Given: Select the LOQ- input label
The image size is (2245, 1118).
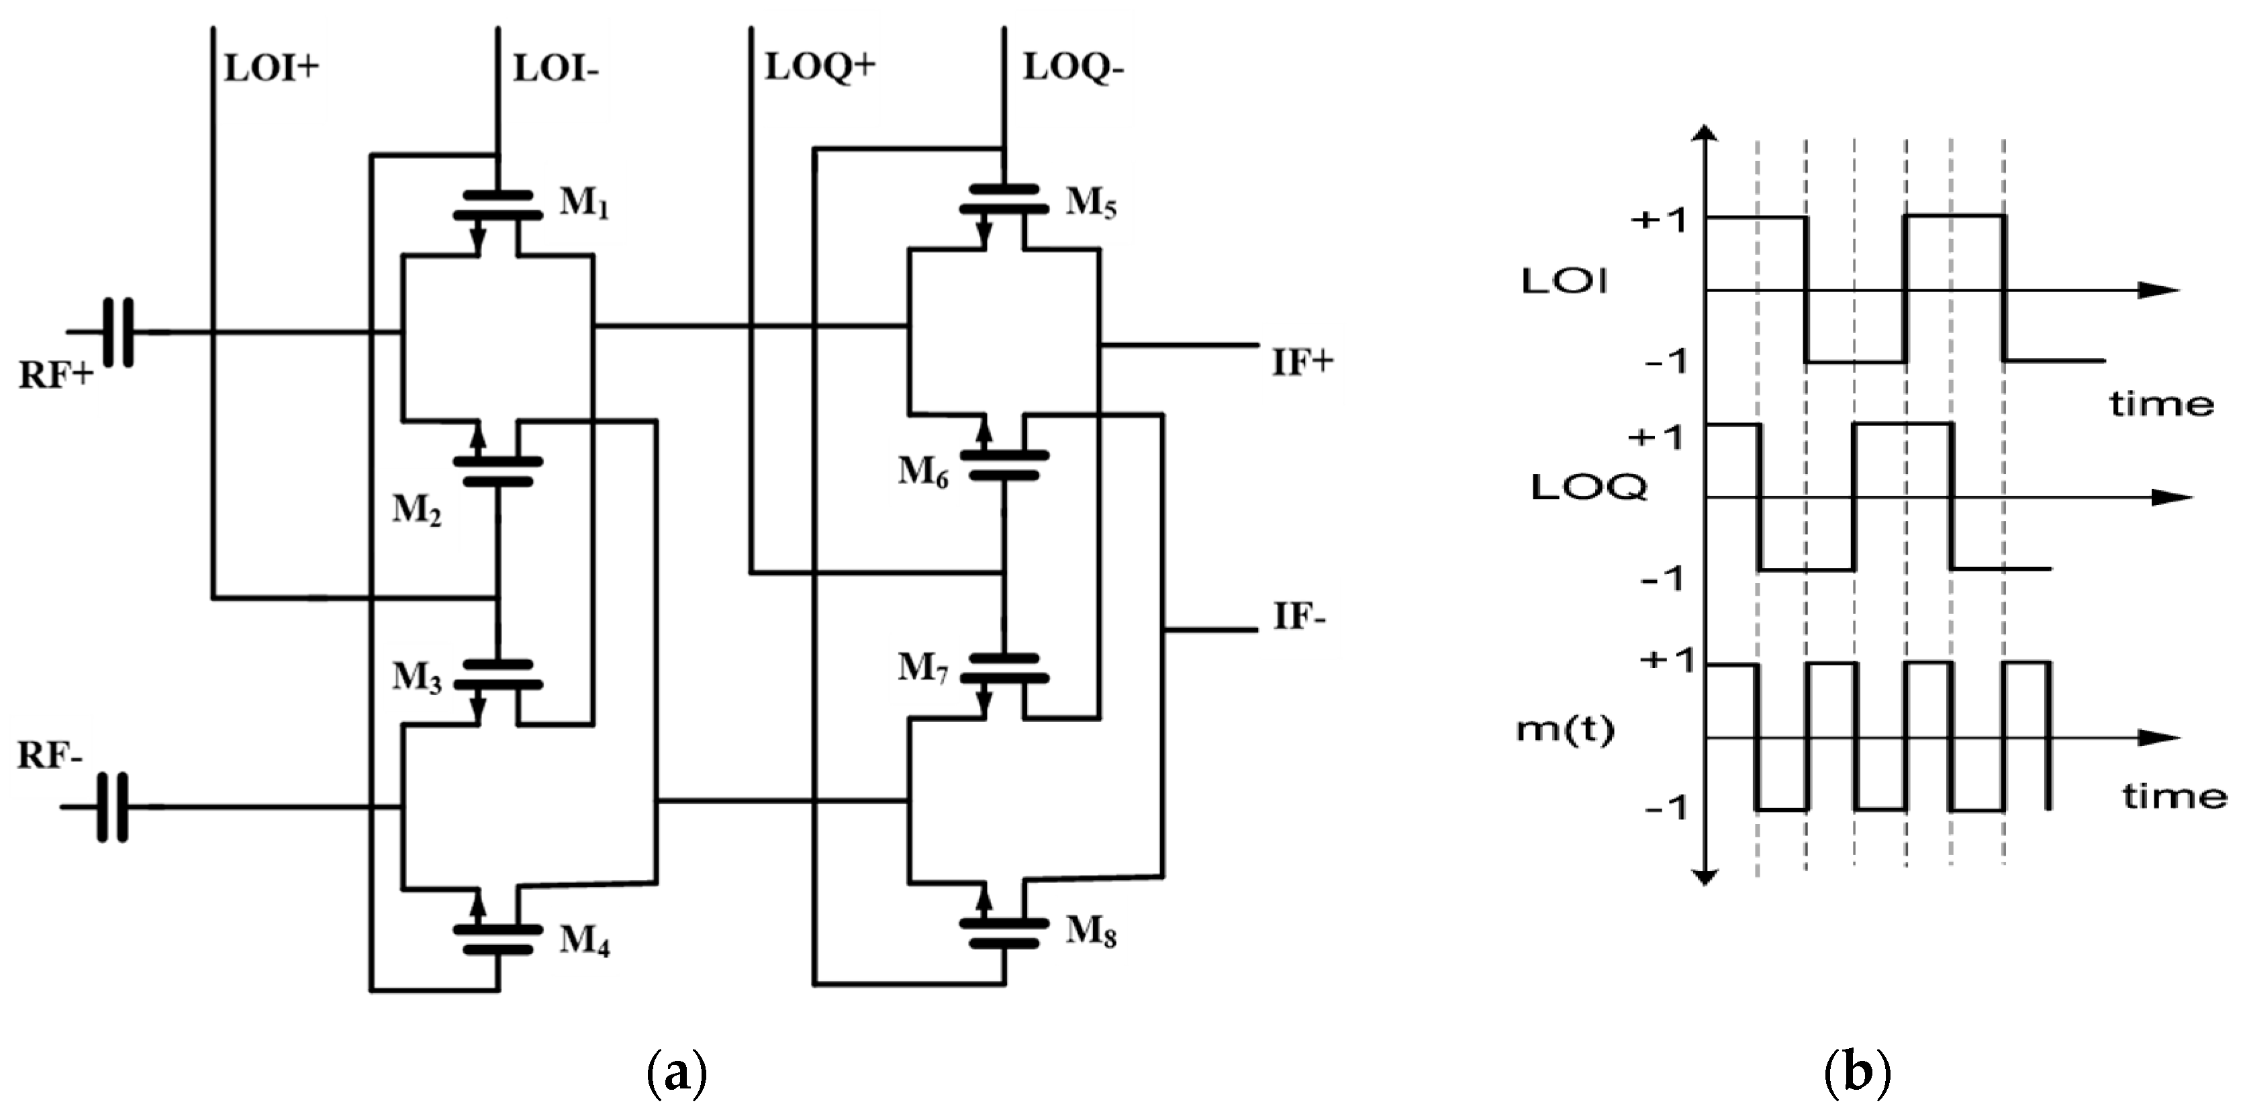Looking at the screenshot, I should (x=1073, y=67).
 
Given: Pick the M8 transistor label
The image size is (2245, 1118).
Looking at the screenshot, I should (x=1091, y=933).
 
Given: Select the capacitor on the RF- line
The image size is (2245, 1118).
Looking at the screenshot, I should (x=111, y=807).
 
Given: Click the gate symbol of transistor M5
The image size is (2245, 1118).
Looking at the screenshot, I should (x=1004, y=199).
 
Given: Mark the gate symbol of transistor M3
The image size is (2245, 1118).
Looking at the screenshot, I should (x=497, y=674).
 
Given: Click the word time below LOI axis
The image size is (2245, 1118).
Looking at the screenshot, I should (x=2161, y=404).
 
